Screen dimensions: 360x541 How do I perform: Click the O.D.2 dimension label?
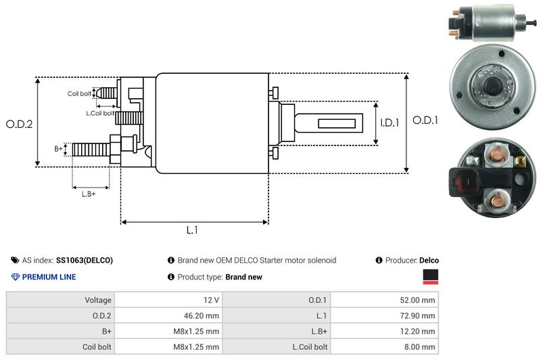[19, 124]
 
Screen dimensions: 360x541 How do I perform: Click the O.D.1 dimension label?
[427, 120]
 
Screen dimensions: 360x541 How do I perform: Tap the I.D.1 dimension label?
[390, 123]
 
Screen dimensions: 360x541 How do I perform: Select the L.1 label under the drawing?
[192, 230]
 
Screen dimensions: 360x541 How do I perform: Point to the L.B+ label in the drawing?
[89, 194]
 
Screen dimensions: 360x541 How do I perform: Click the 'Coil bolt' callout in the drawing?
[79, 93]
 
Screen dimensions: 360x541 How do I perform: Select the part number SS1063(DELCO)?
[85, 260]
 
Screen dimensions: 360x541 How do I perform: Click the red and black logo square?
[430, 276]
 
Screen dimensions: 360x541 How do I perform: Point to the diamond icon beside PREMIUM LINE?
[16, 277]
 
